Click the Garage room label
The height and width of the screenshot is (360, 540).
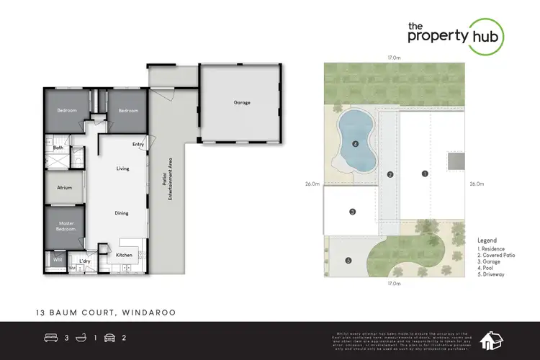pos(242,103)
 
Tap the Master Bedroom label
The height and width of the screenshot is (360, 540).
pos(66,226)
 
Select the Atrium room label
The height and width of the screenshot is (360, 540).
pos(65,187)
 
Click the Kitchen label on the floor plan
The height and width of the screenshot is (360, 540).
pos(124,255)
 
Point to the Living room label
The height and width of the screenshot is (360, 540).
pos(122,168)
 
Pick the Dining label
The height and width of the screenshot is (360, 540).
pos(122,213)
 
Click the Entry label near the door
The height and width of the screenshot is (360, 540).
pos(138,144)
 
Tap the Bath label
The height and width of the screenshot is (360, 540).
pos(58,148)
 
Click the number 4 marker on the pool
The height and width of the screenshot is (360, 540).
pos(356,144)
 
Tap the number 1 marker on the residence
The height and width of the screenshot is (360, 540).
pos(425,174)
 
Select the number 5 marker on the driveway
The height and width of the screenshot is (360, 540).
pos(348,260)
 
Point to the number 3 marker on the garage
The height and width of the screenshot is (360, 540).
pos(352,212)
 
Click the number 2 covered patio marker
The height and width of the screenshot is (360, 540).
pos(390,174)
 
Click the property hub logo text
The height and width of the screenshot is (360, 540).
pos(454,35)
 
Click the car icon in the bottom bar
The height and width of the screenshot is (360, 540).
pos(110,338)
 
